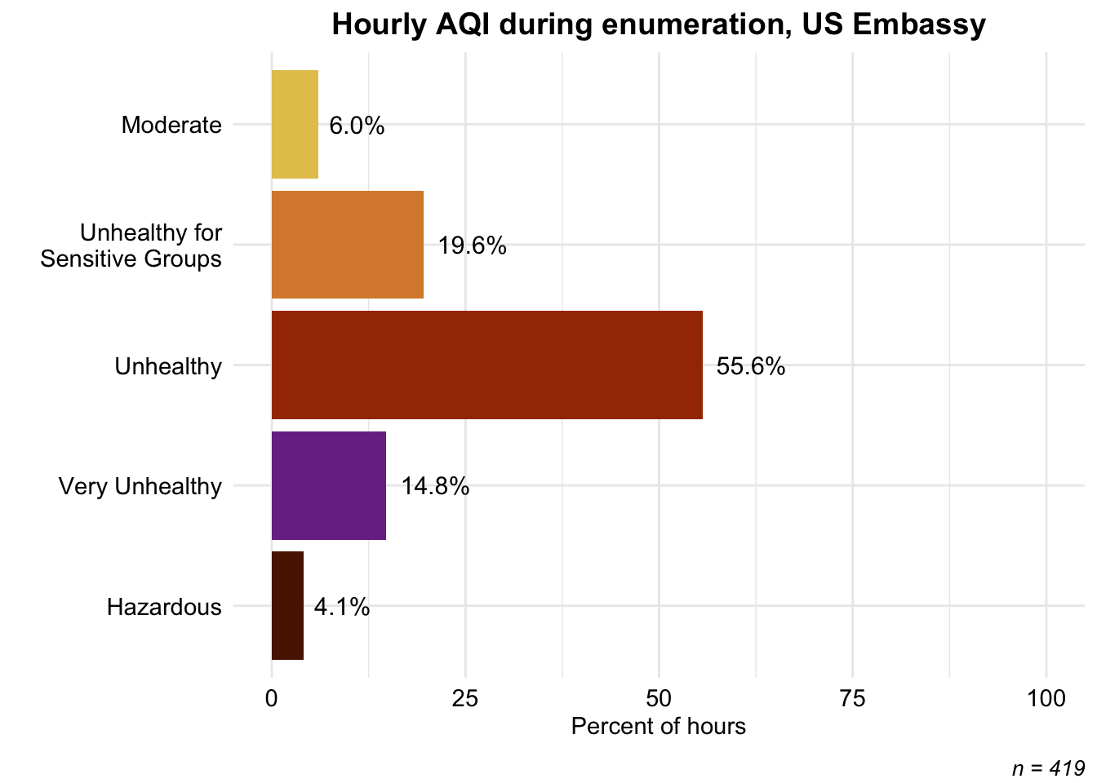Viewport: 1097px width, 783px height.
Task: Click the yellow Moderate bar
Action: tap(295, 124)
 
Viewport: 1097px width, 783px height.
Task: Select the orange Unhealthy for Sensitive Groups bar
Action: tap(348, 245)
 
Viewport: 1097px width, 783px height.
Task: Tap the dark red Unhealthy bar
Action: tap(487, 365)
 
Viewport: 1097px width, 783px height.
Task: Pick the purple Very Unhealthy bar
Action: tap(329, 485)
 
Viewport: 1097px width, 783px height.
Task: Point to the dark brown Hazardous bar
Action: tap(288, 606)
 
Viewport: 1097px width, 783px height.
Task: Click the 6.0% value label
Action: tap(357, 126)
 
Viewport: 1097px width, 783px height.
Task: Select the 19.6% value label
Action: tap(472, 246)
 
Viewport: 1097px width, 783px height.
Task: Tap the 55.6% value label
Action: tap(751, 366)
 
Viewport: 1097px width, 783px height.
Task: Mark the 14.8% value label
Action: tap(435, 487)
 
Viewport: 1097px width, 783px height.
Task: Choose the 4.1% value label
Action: tap(342, 608)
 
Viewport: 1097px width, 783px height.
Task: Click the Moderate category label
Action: tap(171, 126)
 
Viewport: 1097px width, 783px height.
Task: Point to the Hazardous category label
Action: tap(164, 608)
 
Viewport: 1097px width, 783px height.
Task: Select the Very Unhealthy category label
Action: tap(140, 487)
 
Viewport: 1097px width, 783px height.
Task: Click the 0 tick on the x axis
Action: tap(271, 699)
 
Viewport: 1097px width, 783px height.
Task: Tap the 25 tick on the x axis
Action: tap(464, 699)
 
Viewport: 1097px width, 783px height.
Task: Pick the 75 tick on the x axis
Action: tap(852, 699)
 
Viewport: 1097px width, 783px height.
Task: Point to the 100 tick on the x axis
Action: tap(1046, 699)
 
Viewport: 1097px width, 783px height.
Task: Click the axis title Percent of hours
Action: tap(659, 727)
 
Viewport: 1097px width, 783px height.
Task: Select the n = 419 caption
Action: tap(1049, 769)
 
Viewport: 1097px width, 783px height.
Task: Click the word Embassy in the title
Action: tap(919, 24)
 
